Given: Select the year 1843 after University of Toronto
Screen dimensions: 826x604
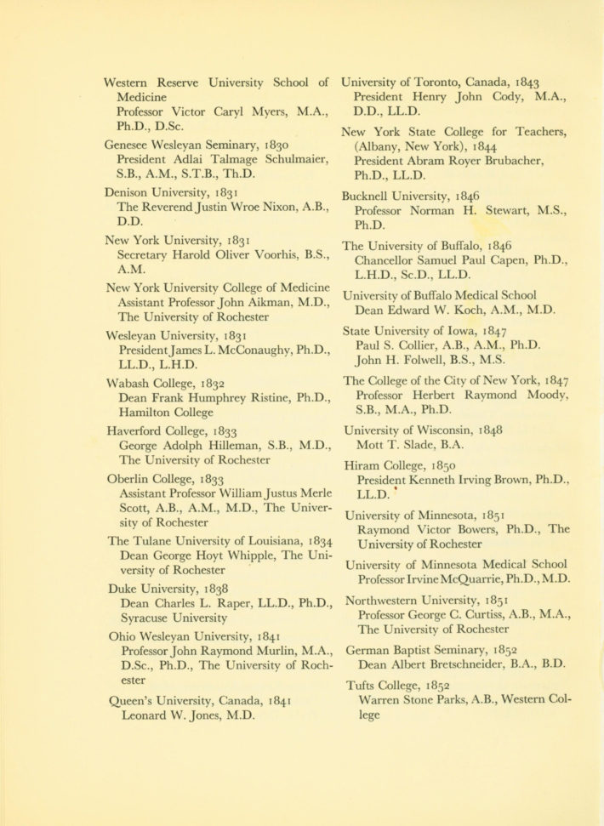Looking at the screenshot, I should click(521, 83).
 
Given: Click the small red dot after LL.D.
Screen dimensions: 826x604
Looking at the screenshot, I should click(395, 491).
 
